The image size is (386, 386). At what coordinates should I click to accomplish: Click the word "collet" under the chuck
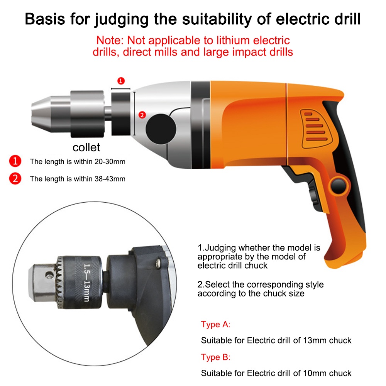point(86,147)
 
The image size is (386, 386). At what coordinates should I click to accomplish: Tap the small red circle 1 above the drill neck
point(121,81)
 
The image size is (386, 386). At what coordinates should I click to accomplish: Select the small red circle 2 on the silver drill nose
point(142,115)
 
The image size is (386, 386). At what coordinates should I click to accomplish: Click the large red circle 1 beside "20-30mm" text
point(15,161)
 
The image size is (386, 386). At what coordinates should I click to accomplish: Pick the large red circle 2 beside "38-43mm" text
point(15,178)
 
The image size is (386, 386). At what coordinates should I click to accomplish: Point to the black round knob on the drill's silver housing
point(161,129)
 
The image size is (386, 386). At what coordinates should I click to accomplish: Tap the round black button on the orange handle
point(339,185)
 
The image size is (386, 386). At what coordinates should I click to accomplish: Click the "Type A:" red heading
point(216,325)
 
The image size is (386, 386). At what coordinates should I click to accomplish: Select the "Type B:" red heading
point(216,357)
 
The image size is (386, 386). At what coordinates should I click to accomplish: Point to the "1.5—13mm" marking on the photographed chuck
point(86,283)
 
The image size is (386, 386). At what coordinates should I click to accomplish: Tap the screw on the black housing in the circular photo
point(158,263)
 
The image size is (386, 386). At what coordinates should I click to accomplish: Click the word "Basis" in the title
point(45,19)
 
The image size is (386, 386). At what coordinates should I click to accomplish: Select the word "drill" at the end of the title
point(347,19)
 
